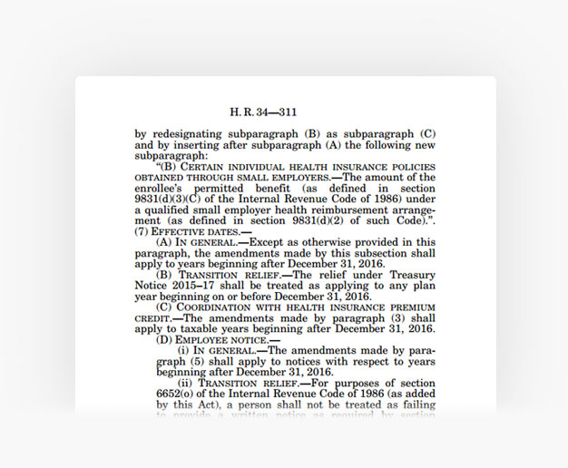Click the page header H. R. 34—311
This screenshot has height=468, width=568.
pos(263,112)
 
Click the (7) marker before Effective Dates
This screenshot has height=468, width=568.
pos(142,230)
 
